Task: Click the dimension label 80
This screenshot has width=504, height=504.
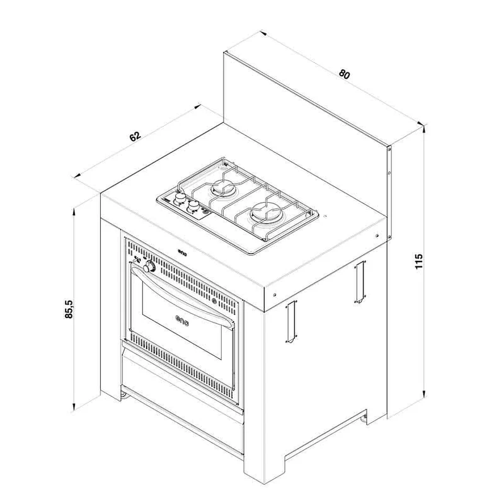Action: pos(344,74)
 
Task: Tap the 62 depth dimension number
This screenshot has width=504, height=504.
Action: pos(135,136)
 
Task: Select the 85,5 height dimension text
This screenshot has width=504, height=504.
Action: pos(69,309)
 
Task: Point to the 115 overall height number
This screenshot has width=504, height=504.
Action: pos(418,261)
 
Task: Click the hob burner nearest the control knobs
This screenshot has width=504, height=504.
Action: pos(222,187)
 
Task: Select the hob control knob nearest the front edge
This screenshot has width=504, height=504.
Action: pos(193,206)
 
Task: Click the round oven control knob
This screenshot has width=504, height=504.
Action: pos(149,267)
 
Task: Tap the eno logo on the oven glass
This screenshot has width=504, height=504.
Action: pos(182,320)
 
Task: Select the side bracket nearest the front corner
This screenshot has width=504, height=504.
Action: pos(291,321)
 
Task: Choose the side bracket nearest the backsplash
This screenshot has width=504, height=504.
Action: pos(360,282)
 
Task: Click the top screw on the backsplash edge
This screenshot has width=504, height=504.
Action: pos(389,149)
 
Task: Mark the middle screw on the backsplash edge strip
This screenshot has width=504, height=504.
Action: pos(389,173)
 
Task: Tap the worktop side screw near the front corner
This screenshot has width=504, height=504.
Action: pos(275,294)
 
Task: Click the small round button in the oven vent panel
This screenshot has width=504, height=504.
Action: pos(214,301)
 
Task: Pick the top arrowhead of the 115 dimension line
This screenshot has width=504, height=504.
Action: pos(425,128)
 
